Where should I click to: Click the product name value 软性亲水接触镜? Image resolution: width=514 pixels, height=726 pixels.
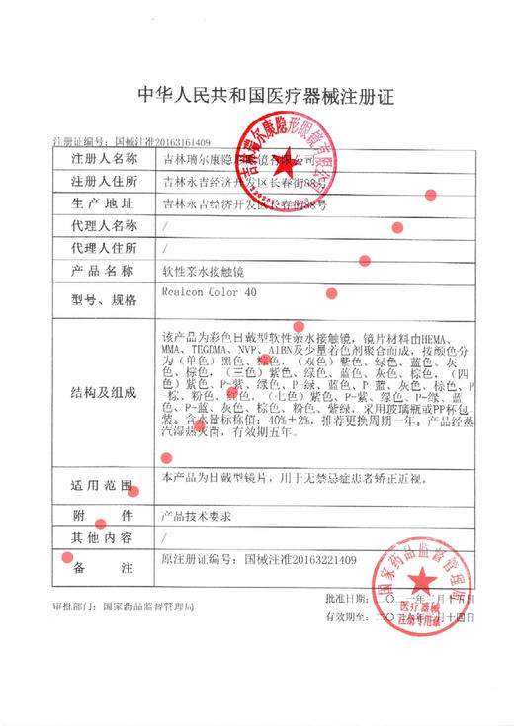pos(202,271)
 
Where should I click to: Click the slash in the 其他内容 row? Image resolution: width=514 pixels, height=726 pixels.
pos(164,538)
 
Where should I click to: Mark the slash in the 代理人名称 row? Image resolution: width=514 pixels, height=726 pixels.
pos(164,226)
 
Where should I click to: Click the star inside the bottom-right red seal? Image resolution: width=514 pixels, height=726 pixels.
pos(419,577)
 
